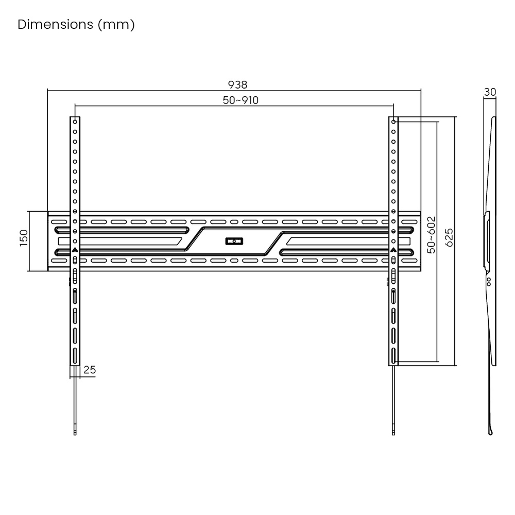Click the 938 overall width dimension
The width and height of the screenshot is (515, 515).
coord(237,85)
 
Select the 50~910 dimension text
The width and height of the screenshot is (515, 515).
coord(241,100)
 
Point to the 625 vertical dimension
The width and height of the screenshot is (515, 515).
coord(449,237)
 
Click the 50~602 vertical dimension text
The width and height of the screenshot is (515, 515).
coord(431,235)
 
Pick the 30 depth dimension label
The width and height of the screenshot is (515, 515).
coord(490,92)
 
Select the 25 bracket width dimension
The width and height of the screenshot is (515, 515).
coord(90,370)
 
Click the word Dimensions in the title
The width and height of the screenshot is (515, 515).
coord(56,24)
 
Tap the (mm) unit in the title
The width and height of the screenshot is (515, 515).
coord(116,25)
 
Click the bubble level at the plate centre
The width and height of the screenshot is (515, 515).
coord(234,242)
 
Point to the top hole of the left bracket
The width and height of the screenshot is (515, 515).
coord(75,122)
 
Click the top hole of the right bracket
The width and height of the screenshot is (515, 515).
coord(393,122)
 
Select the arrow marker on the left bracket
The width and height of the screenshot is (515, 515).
coord(75,250)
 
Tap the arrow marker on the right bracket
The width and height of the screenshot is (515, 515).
coord(393,250)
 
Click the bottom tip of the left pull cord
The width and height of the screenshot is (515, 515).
coord(75,435)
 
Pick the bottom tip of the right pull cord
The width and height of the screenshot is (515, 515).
coord(393,435)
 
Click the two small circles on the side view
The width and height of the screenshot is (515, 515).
coord(489,282)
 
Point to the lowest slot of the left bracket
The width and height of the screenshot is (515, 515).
coord(75,356)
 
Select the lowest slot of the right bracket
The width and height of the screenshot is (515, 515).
coord(393,356)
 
